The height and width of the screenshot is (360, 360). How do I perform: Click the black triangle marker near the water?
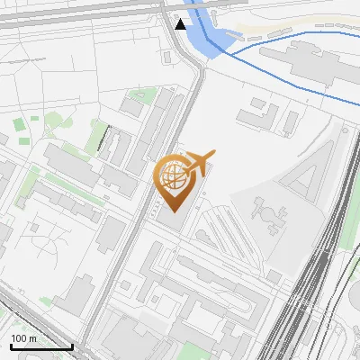point(181,24)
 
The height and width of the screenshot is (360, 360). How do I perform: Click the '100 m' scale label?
point(24,338)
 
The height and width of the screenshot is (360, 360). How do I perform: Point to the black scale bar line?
point(40,346)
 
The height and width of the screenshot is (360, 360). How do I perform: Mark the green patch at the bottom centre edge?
point(193,352)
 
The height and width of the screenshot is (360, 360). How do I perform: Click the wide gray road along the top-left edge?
point(72,8)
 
